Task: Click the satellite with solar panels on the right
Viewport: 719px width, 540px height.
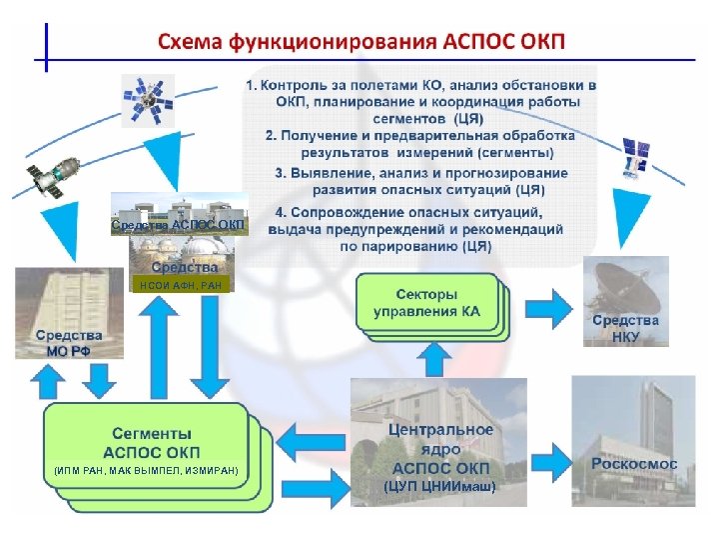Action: point(633,155)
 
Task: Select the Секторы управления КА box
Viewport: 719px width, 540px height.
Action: point(426,302)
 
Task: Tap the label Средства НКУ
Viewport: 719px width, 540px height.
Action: point(625,328)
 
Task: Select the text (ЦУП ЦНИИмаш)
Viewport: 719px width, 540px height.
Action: point(440,486)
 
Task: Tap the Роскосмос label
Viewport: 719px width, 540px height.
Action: point(634,464)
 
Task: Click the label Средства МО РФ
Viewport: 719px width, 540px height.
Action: point(68,342)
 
